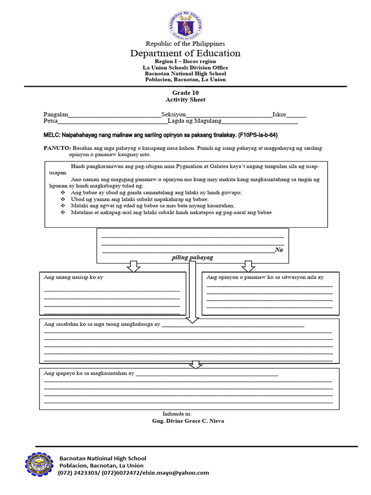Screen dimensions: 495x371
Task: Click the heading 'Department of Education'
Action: pos(185,53)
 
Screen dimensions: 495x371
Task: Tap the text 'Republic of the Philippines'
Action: pos(185,44)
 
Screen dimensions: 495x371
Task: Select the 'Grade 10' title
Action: pos(185,92)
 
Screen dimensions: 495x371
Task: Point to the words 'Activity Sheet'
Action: pos(185,100)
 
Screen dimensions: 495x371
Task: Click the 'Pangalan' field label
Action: pos(55,115)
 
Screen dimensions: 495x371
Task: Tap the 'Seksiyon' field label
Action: pos(174,115)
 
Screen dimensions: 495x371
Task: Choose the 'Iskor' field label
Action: pos(279,115)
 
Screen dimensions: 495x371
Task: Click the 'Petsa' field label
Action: pos(50,121)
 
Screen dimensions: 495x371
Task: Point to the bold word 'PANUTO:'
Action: pos(57,148)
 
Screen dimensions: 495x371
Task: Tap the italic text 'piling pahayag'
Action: pos(192,258)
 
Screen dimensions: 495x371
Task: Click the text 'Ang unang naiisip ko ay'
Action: pos(73,277)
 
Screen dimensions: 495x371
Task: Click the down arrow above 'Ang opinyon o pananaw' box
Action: pos(249,266)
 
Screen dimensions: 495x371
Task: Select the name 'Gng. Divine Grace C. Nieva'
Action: pos(188,421)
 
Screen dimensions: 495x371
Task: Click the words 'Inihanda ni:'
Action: pos(178,414)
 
